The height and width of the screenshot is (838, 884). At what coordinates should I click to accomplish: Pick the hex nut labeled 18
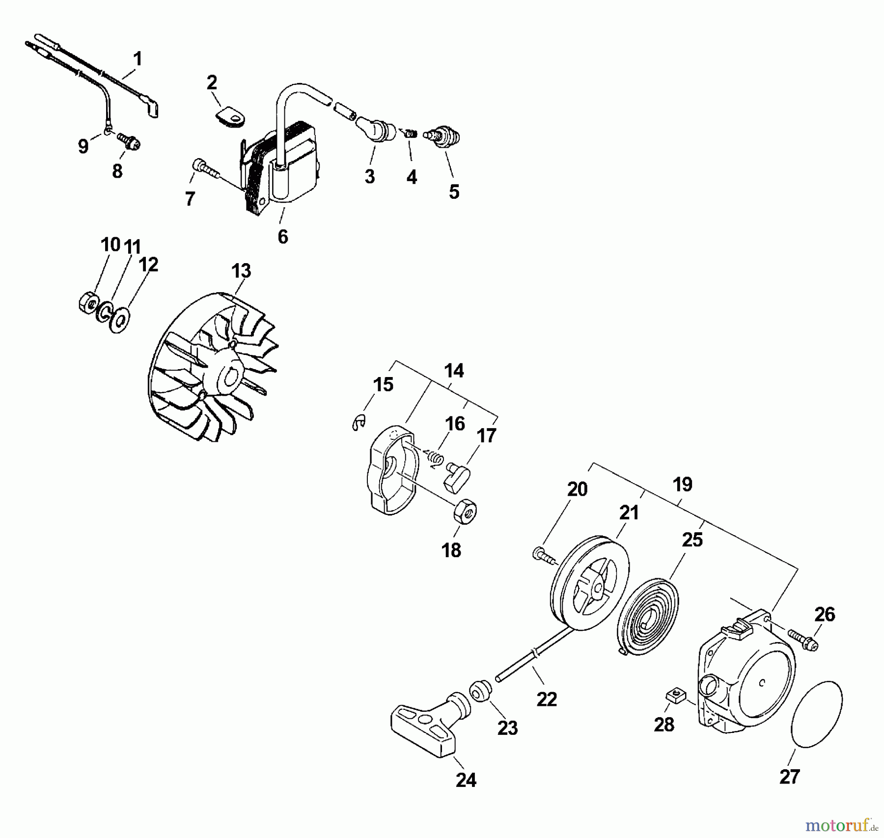coord(465,513)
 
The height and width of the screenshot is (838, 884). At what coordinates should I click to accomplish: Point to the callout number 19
coord(682,485)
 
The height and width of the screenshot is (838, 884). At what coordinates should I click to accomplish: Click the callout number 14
coord(453,371)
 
